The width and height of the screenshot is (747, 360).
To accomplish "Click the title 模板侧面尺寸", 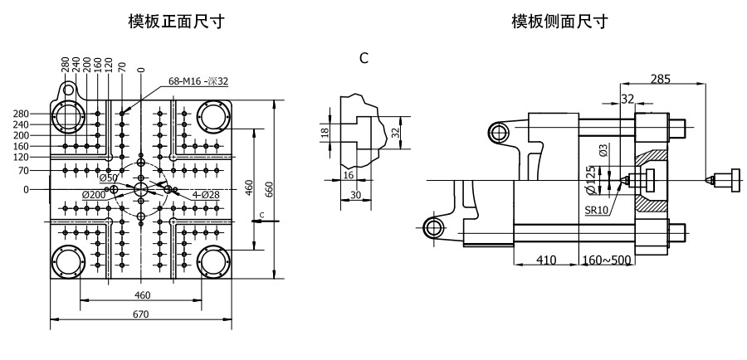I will (559, 21).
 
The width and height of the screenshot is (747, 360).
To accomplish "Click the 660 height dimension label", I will (269, 189).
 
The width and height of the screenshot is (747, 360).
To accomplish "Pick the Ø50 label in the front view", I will (109, 178).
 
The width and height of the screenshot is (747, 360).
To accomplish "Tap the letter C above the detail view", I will (364, 59).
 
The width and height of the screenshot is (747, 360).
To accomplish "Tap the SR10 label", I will (598, 211).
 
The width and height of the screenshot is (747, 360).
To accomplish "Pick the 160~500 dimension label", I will (607, 260).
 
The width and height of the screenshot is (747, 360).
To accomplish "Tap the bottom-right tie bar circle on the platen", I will (214, 263).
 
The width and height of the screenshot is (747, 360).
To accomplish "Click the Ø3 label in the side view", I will (603, 150).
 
